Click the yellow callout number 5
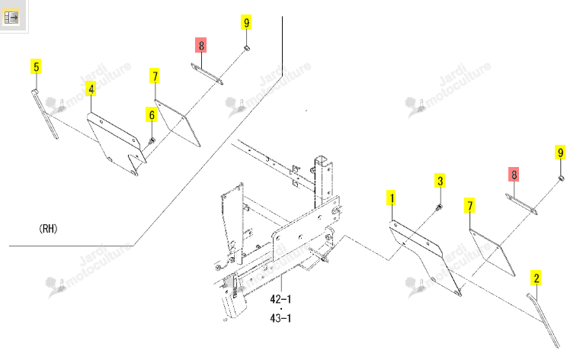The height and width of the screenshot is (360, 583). point(36,66)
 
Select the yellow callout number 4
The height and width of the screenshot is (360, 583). point(91,88)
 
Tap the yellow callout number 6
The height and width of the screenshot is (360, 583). point(152,114)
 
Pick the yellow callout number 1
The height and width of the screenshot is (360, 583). point(391,198)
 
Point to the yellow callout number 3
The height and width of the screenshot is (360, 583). point(440,181)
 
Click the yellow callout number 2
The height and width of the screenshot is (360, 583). point(537,278)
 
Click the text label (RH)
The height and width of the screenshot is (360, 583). point(48,229)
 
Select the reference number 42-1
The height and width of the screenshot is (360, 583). point(280,299)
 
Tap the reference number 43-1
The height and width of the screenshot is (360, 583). point(280,318)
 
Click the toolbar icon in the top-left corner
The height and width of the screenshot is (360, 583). point(11,18)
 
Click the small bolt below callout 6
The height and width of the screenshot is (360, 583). point(152,141)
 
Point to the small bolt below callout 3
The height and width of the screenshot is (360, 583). point(439,207)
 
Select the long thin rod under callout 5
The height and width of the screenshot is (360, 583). point(44,114)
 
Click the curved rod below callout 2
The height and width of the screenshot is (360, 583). point(543,320)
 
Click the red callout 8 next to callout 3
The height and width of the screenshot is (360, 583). point(514,174)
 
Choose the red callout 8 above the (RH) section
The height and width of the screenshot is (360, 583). point(200,45)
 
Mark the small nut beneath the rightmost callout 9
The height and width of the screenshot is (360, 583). point(561,179)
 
